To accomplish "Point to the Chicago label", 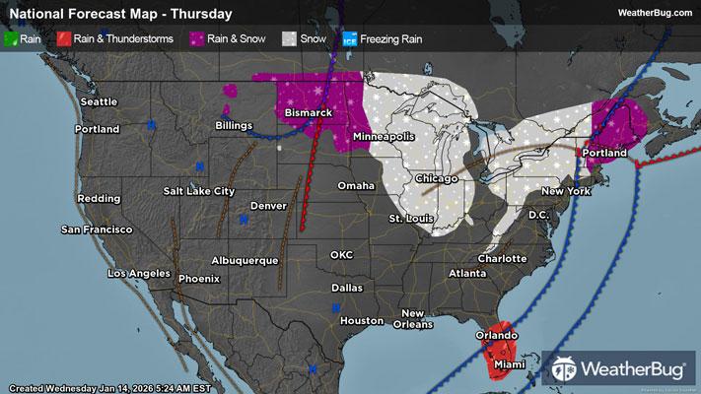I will (437, 178).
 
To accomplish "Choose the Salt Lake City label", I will (200, 190).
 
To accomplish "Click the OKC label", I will (341, 254).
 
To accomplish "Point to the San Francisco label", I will (97, 230).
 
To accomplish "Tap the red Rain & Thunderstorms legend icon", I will (63, 40).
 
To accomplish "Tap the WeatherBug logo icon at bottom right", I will (566, 368).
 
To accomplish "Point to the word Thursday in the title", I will (204, 14).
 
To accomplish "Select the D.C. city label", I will (538, 214).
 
